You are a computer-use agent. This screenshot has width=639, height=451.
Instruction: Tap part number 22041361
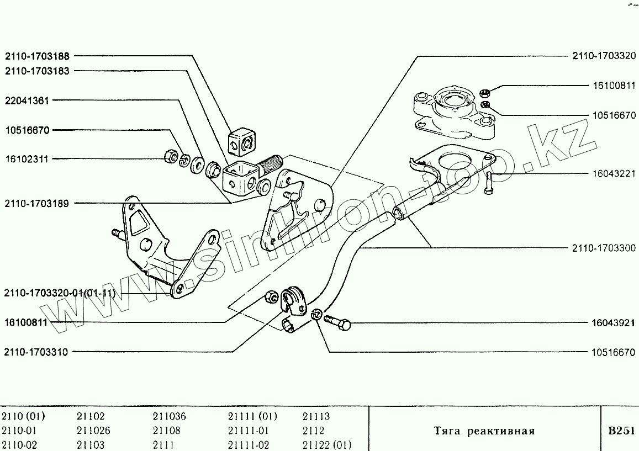[27, 100]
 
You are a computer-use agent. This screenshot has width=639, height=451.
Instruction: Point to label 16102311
[27, 159]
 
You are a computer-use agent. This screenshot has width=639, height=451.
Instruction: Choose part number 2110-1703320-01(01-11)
[60, 293]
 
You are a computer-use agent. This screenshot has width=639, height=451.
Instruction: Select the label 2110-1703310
[36, 352]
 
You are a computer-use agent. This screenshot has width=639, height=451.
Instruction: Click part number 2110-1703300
[604, 248]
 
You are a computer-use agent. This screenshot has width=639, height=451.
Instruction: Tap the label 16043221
[613, 173]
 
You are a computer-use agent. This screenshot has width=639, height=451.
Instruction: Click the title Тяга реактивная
[484, 431]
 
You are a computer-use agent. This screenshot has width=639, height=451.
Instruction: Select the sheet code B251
[620, 431]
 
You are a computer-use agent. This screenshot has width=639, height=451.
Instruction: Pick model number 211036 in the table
[169, 417]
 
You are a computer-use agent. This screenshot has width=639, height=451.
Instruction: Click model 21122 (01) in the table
[327, 445]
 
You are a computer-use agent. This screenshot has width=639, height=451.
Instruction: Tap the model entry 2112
[313, 431]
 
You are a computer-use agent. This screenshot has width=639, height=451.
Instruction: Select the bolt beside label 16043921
[337, 322]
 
